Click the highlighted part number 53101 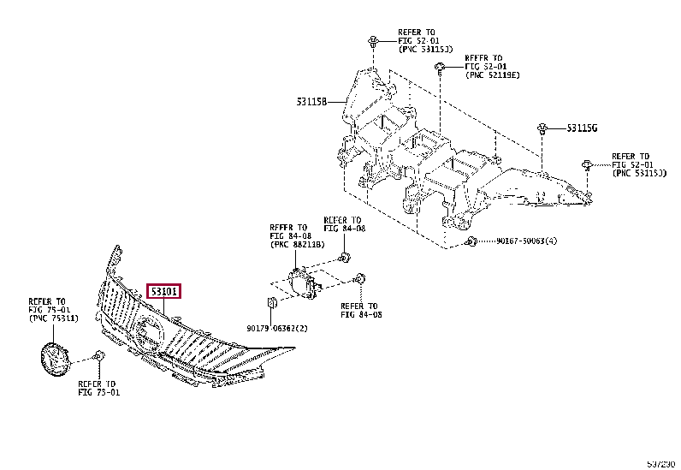pyautogui.click(x=164, y=292)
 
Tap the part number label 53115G pyautogui.click(x=582, y=128)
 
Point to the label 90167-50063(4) pyautogui.click(x=528, y=241)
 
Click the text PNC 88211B pyautogui.click(x=296, y=245)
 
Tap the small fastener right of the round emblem pyautogui.click(x=99, y=355)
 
